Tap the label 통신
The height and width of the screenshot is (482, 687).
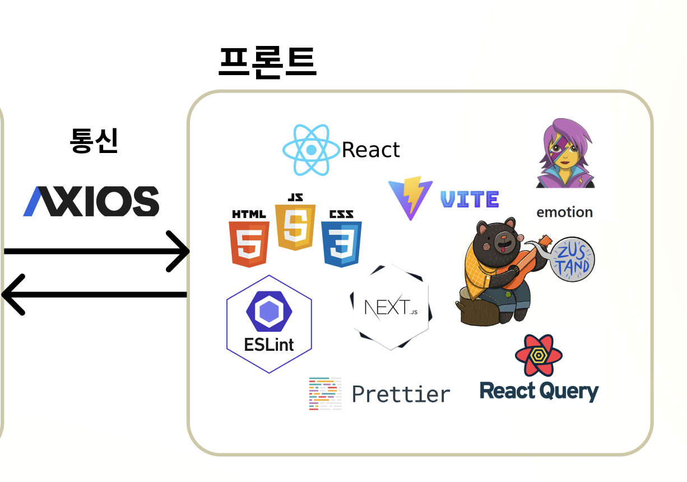pos(94,141)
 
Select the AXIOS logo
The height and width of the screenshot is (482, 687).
pos(91,201)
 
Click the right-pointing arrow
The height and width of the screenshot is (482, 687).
pos(98,251)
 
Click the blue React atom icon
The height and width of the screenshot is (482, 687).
pos(311,150)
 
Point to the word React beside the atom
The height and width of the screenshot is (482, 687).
pos(370,150)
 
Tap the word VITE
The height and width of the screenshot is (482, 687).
pos(470,199)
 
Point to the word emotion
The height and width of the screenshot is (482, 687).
pos(564,212)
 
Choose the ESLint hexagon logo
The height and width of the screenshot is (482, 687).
pos(269,324)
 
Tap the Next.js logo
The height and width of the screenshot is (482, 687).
pos(391,307)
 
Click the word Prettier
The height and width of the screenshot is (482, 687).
pos(401,394)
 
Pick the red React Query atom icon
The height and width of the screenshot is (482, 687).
pos(539,355)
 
